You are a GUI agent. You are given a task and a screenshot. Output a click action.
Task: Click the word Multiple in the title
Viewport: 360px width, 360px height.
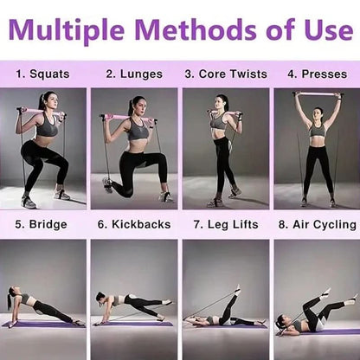(x=67, y=30)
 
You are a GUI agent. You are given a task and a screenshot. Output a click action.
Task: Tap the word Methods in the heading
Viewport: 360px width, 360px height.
(x=196, y=29)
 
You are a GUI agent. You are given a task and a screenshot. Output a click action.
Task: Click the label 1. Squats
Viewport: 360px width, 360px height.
(x=42, y=74)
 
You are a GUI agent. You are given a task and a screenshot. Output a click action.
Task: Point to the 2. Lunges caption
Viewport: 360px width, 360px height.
(x=134, y=74)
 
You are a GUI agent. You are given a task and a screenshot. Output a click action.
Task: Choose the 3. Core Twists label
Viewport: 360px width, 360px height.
(x=226, y=74)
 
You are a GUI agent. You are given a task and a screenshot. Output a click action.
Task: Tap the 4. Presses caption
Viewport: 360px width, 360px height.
(x=317, y=74)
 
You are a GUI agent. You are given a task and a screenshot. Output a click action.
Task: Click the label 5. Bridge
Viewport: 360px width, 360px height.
(x=41, y=225)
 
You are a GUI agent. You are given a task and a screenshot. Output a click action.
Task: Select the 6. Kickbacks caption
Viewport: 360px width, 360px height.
(x=134, y=224)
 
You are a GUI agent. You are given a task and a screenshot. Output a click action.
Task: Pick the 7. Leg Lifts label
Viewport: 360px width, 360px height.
(x=226, y=225)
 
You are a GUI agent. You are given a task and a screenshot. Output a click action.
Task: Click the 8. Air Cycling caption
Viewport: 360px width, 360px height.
(x=318, y=225)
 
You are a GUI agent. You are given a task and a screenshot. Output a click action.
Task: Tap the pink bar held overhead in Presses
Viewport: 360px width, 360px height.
(x=318, y=94)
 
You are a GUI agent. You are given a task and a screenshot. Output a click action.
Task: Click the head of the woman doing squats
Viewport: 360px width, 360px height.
(x=48, y=100)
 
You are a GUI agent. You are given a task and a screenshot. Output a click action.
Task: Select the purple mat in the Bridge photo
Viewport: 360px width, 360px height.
(x=43, y=325)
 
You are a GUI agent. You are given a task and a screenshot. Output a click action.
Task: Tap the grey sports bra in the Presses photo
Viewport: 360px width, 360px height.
(x=318, y=131)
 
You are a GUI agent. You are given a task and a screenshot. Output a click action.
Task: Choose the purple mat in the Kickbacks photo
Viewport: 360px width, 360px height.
(x=133, y=324)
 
